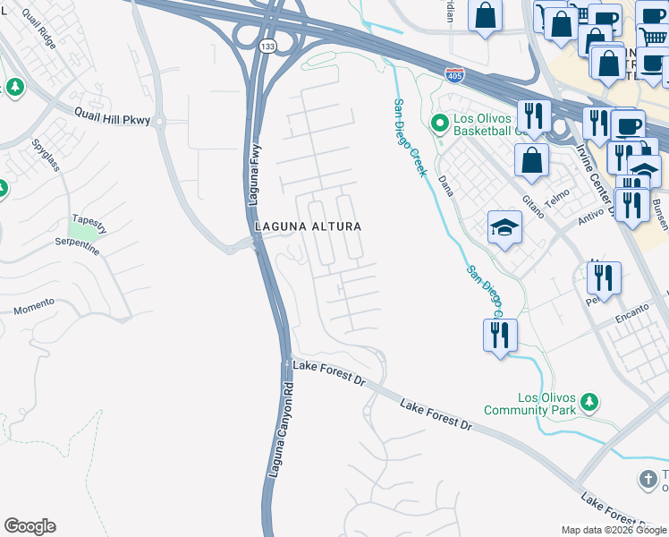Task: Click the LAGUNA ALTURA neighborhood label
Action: (x=308, y=226)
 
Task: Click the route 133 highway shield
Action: (x=266, y=45)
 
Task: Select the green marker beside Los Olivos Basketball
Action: (x=439, y=122)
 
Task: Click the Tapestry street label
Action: (x=89, y=223)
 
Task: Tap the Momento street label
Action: (x=34, y=309)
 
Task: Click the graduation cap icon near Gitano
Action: (x=504, y=228)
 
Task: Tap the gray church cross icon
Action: (x=648, y=478)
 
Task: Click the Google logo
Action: (x=30, y=526)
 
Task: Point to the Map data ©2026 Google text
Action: (x=614, y=530)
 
